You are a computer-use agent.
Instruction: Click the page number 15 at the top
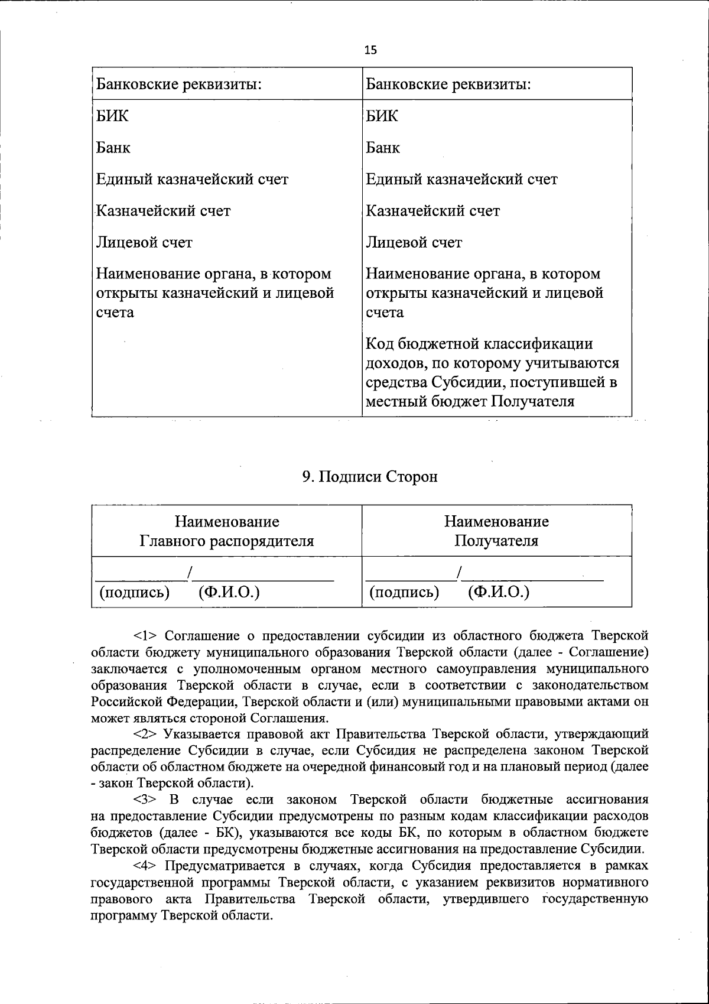[370, 50]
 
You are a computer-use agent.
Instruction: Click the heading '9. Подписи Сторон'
[370, 477]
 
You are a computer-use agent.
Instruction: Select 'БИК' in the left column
[112, 115]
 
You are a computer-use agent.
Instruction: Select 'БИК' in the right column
[382, 115]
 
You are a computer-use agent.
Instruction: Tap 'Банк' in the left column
[113, 147]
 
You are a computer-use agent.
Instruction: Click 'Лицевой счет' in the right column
[414, 242]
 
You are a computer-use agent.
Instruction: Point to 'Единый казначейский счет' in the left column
[192, 179]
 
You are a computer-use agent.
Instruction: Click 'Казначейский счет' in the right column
[432, 210]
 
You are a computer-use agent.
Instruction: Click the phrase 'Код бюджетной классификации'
[479, 344]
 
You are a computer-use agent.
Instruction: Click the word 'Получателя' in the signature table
[496, 541]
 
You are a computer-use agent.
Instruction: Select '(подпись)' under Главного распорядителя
[134, 592]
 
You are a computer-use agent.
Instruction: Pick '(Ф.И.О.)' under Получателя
[498, 592]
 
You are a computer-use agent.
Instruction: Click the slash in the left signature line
[189, 572]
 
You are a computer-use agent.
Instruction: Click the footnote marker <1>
[145, 636]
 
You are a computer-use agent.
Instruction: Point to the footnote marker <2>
[145, 735]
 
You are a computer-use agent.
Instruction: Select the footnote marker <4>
[145, 866]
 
